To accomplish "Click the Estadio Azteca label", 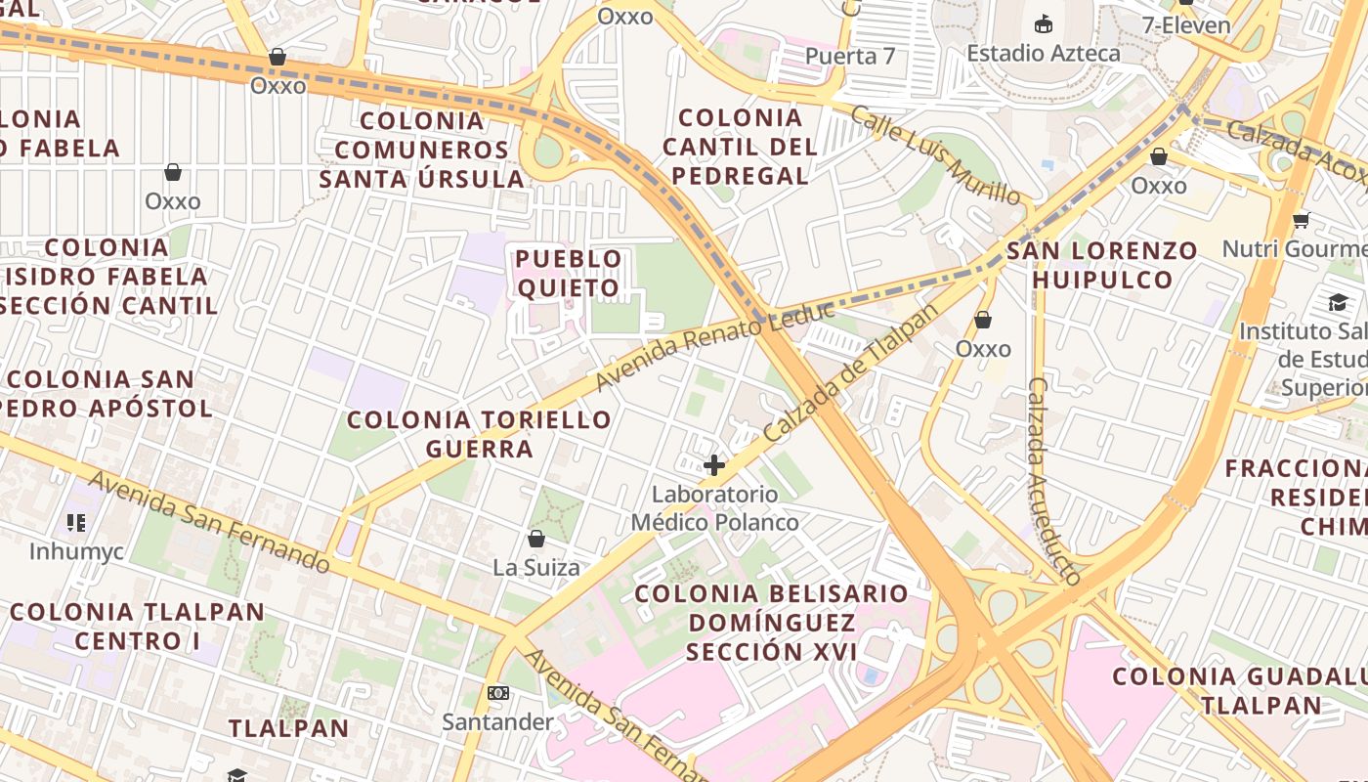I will tap(1043, 53).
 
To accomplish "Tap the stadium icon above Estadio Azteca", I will tap(1044, 23).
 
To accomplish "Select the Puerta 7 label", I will tap(849, 56).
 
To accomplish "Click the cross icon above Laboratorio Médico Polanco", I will tap(714, 465).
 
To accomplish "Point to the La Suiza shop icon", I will tap(535, 539).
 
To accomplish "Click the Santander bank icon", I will tap(497, 693).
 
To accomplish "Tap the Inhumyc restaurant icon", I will tap(76, 523).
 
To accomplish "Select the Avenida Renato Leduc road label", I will tap(714, 347).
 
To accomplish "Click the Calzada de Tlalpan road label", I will tap(850, 372).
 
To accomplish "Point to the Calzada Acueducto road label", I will tap(1053, 481).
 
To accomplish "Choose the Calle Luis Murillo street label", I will tap(935, 155).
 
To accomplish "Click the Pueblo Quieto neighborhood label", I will tap(569, 273).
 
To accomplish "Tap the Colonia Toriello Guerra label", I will tap(479, 434).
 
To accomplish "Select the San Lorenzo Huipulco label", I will tap(1102, 265).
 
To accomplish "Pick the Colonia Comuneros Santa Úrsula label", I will tap(422, 150).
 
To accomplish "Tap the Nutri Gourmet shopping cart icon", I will tap(1300, 220).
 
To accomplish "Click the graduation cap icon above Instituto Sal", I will tap(1338, 303).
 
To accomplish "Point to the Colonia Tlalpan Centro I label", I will tap(137, 627).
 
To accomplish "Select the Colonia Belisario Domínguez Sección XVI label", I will tap(772, 622).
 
